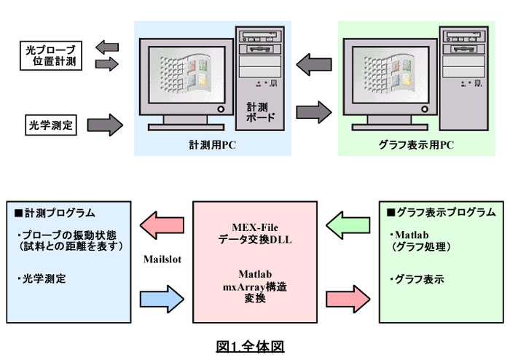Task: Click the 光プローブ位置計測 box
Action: point(51,55)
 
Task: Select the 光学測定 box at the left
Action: point(51,125)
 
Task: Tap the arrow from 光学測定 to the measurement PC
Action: point(105,125)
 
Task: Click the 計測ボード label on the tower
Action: point(260,112)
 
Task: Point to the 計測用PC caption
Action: point(213,145)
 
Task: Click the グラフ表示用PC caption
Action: point(416,145)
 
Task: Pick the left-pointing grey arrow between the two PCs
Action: point(314,64)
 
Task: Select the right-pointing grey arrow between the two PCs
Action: point(314,112)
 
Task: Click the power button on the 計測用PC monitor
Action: point(221,109)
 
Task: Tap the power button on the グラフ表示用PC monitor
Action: point(425,109)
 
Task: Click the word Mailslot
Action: point(162,259)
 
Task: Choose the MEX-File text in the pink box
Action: point(255,227)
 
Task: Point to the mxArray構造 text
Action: point(255,287)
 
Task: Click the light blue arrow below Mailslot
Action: point(162,300)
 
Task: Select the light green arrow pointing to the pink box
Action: point(348,225)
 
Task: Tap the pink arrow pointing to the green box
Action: point(348,300)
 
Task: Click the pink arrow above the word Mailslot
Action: point(162,225)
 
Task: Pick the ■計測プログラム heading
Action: point(55,213)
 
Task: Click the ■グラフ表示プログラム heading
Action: point(441,212)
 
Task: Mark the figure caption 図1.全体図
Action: point(250,347)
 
